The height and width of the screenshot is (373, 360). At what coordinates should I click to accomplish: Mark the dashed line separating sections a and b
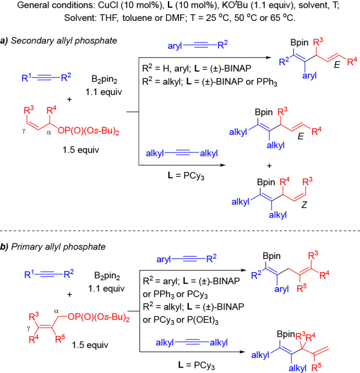180,214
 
